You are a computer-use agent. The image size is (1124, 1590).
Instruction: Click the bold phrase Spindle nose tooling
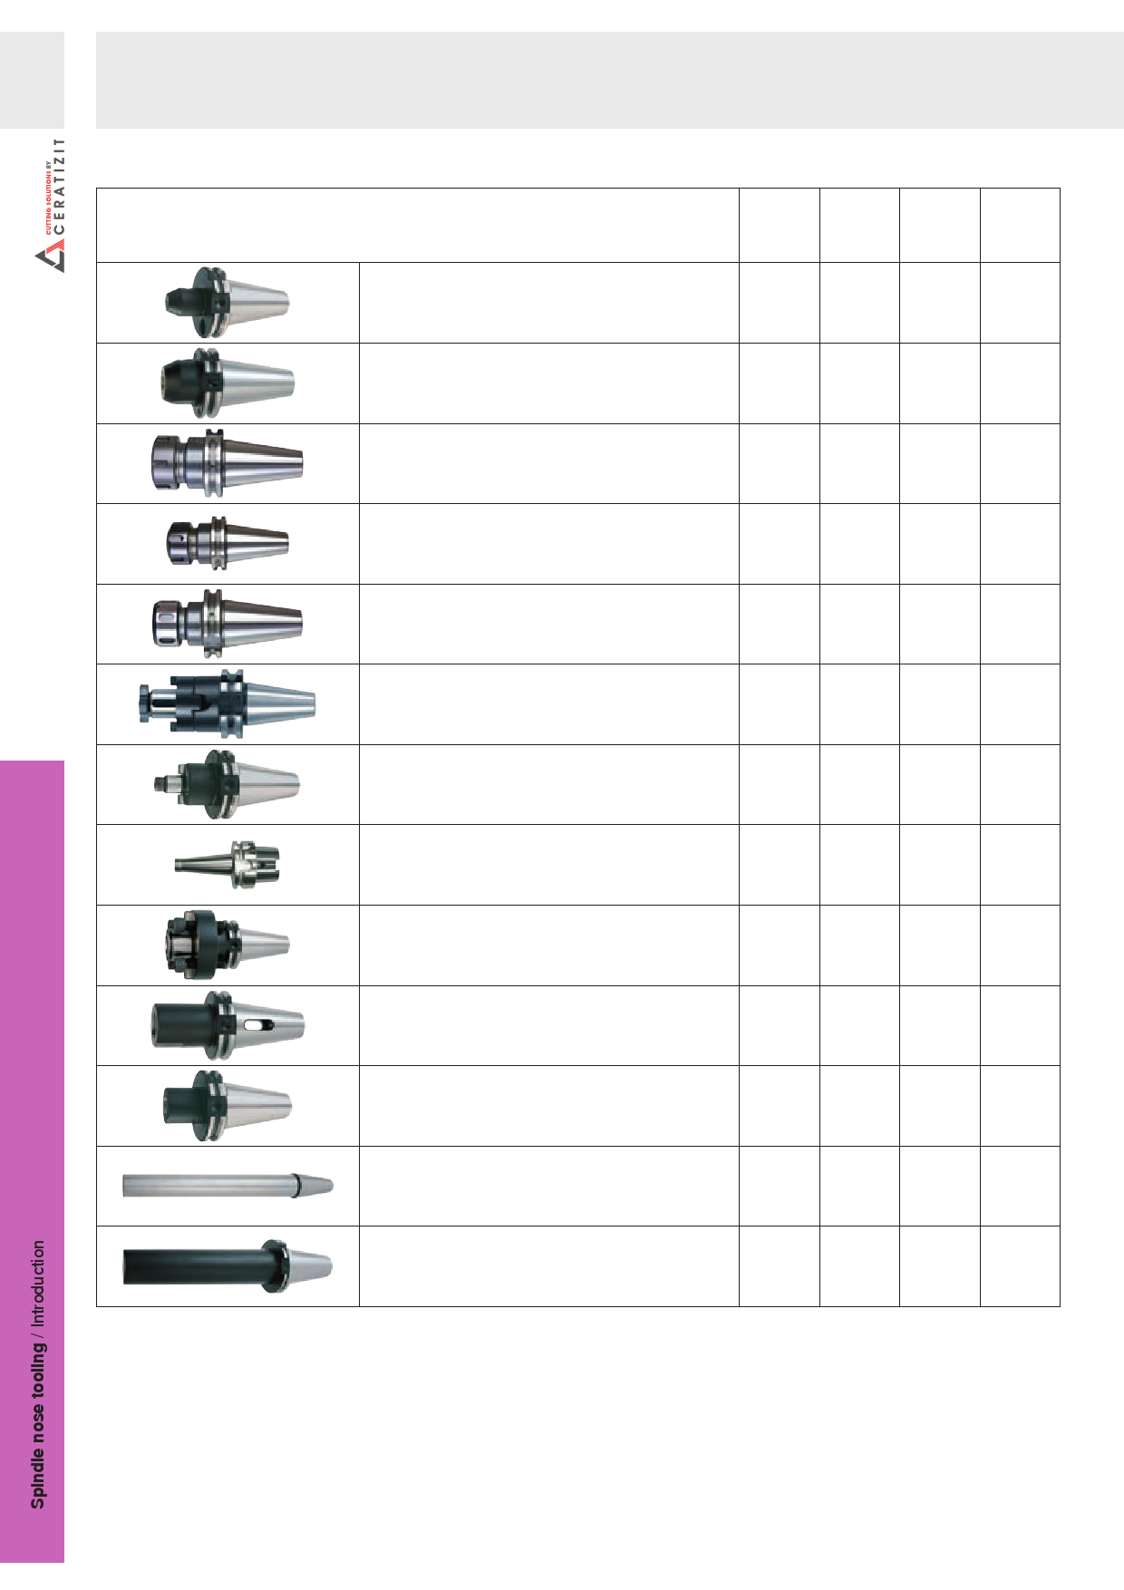[x=38, y=1424]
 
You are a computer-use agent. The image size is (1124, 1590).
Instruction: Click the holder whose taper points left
[x=228, y=865]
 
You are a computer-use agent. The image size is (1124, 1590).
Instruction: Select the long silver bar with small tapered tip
[x=228, y=1185]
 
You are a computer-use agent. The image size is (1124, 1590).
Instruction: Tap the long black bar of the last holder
[x=193, y=1265]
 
